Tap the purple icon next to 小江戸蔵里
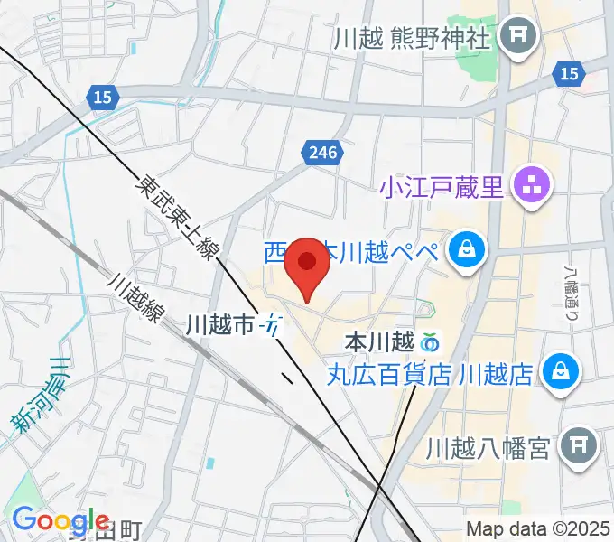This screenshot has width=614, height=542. tap(528, 187)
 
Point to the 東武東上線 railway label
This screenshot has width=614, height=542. tap(176, 217)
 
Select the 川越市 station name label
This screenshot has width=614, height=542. tap(219, 325)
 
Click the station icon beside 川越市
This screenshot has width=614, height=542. tap(272, 325)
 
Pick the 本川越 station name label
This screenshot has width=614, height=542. tap(379, 343)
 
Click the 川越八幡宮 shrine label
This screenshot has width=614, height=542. tap(488, 446)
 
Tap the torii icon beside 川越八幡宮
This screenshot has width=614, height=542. tap(575, 444)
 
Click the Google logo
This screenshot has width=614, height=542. tap(61, 521)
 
